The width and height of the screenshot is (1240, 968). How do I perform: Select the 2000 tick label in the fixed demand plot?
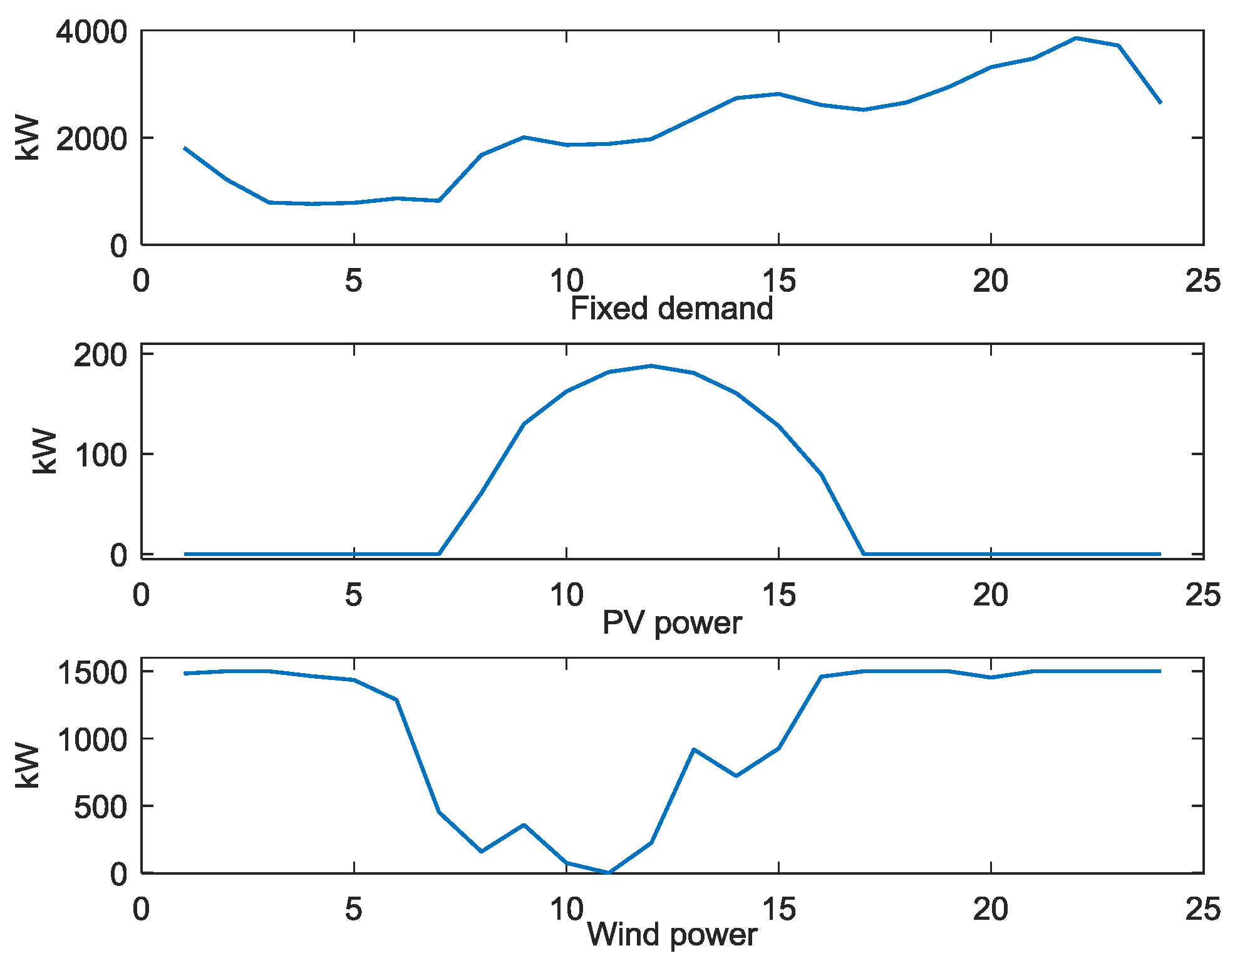pyautogui.click(x=91, y=138)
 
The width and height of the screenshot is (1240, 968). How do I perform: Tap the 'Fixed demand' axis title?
pyautogui.click(x=671, y=309)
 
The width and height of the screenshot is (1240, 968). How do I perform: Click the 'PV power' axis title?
pyautogui.click(x=671, y=622)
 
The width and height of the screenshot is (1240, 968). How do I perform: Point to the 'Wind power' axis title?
pyautogui.click(x=671, y=934)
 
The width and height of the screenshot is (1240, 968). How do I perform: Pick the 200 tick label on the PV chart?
pyautogui.click(x=100, y=355)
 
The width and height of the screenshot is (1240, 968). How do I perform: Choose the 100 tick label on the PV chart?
pyautogui.click(x=100, y=455)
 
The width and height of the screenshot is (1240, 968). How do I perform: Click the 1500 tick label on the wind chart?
pyautogui.click(x=91, y=672)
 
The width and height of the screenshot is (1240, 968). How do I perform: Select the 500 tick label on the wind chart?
pyautogui.click(x=100, y=807)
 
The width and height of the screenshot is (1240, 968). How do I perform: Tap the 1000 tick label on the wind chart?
pyautogui.click(x=91, y=739)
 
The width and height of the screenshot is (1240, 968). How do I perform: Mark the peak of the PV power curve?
pyautogui.click(x=651, y=366)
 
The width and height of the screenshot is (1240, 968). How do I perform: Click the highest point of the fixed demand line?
pyautogui.click(x=1076, y=38)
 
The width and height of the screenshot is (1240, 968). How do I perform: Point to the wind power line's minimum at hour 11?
pyautogui.click(x=609, y=872)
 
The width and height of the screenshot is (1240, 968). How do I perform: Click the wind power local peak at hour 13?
pyautogui.click(x=694, y=749)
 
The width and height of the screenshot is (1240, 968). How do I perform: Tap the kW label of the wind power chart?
pyautogui.click(x=28, y=766)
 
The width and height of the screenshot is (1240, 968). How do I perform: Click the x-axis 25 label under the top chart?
pyautogui.click(x=1202, y=281)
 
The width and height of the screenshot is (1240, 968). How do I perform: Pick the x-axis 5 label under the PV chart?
pyautogui.click(x=353, y=595)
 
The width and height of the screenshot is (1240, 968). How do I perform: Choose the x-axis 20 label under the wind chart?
pyautogui.click(x=990, y=909)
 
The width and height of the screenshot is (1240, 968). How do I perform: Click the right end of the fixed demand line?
pyautogui.click(x=1160, y=102)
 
